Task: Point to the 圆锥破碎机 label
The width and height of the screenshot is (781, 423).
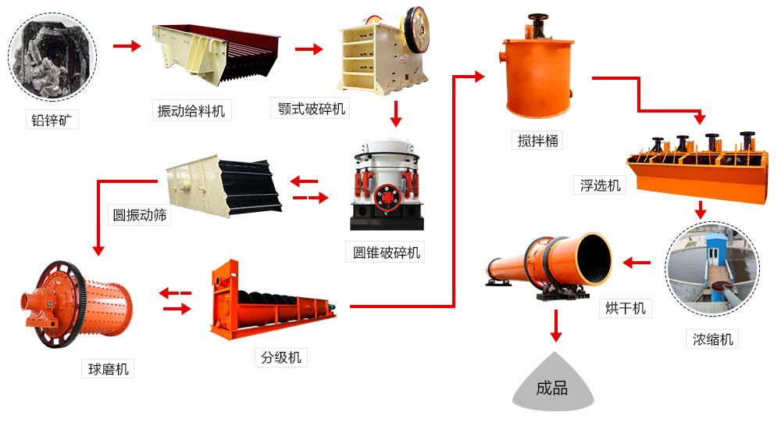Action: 386,253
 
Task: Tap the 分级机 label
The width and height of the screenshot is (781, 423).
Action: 281,358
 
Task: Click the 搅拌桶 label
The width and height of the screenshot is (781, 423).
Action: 539,141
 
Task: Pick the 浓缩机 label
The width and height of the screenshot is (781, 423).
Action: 711,339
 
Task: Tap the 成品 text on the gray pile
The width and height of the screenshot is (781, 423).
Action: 552,389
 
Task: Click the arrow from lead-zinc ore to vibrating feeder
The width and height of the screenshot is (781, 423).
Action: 127,46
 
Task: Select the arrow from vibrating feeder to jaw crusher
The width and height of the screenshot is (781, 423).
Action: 308,49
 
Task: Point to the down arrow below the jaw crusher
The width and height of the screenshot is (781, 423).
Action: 396,114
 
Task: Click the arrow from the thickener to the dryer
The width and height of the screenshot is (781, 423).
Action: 637,263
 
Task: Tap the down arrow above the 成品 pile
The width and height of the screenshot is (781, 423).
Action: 556,325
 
